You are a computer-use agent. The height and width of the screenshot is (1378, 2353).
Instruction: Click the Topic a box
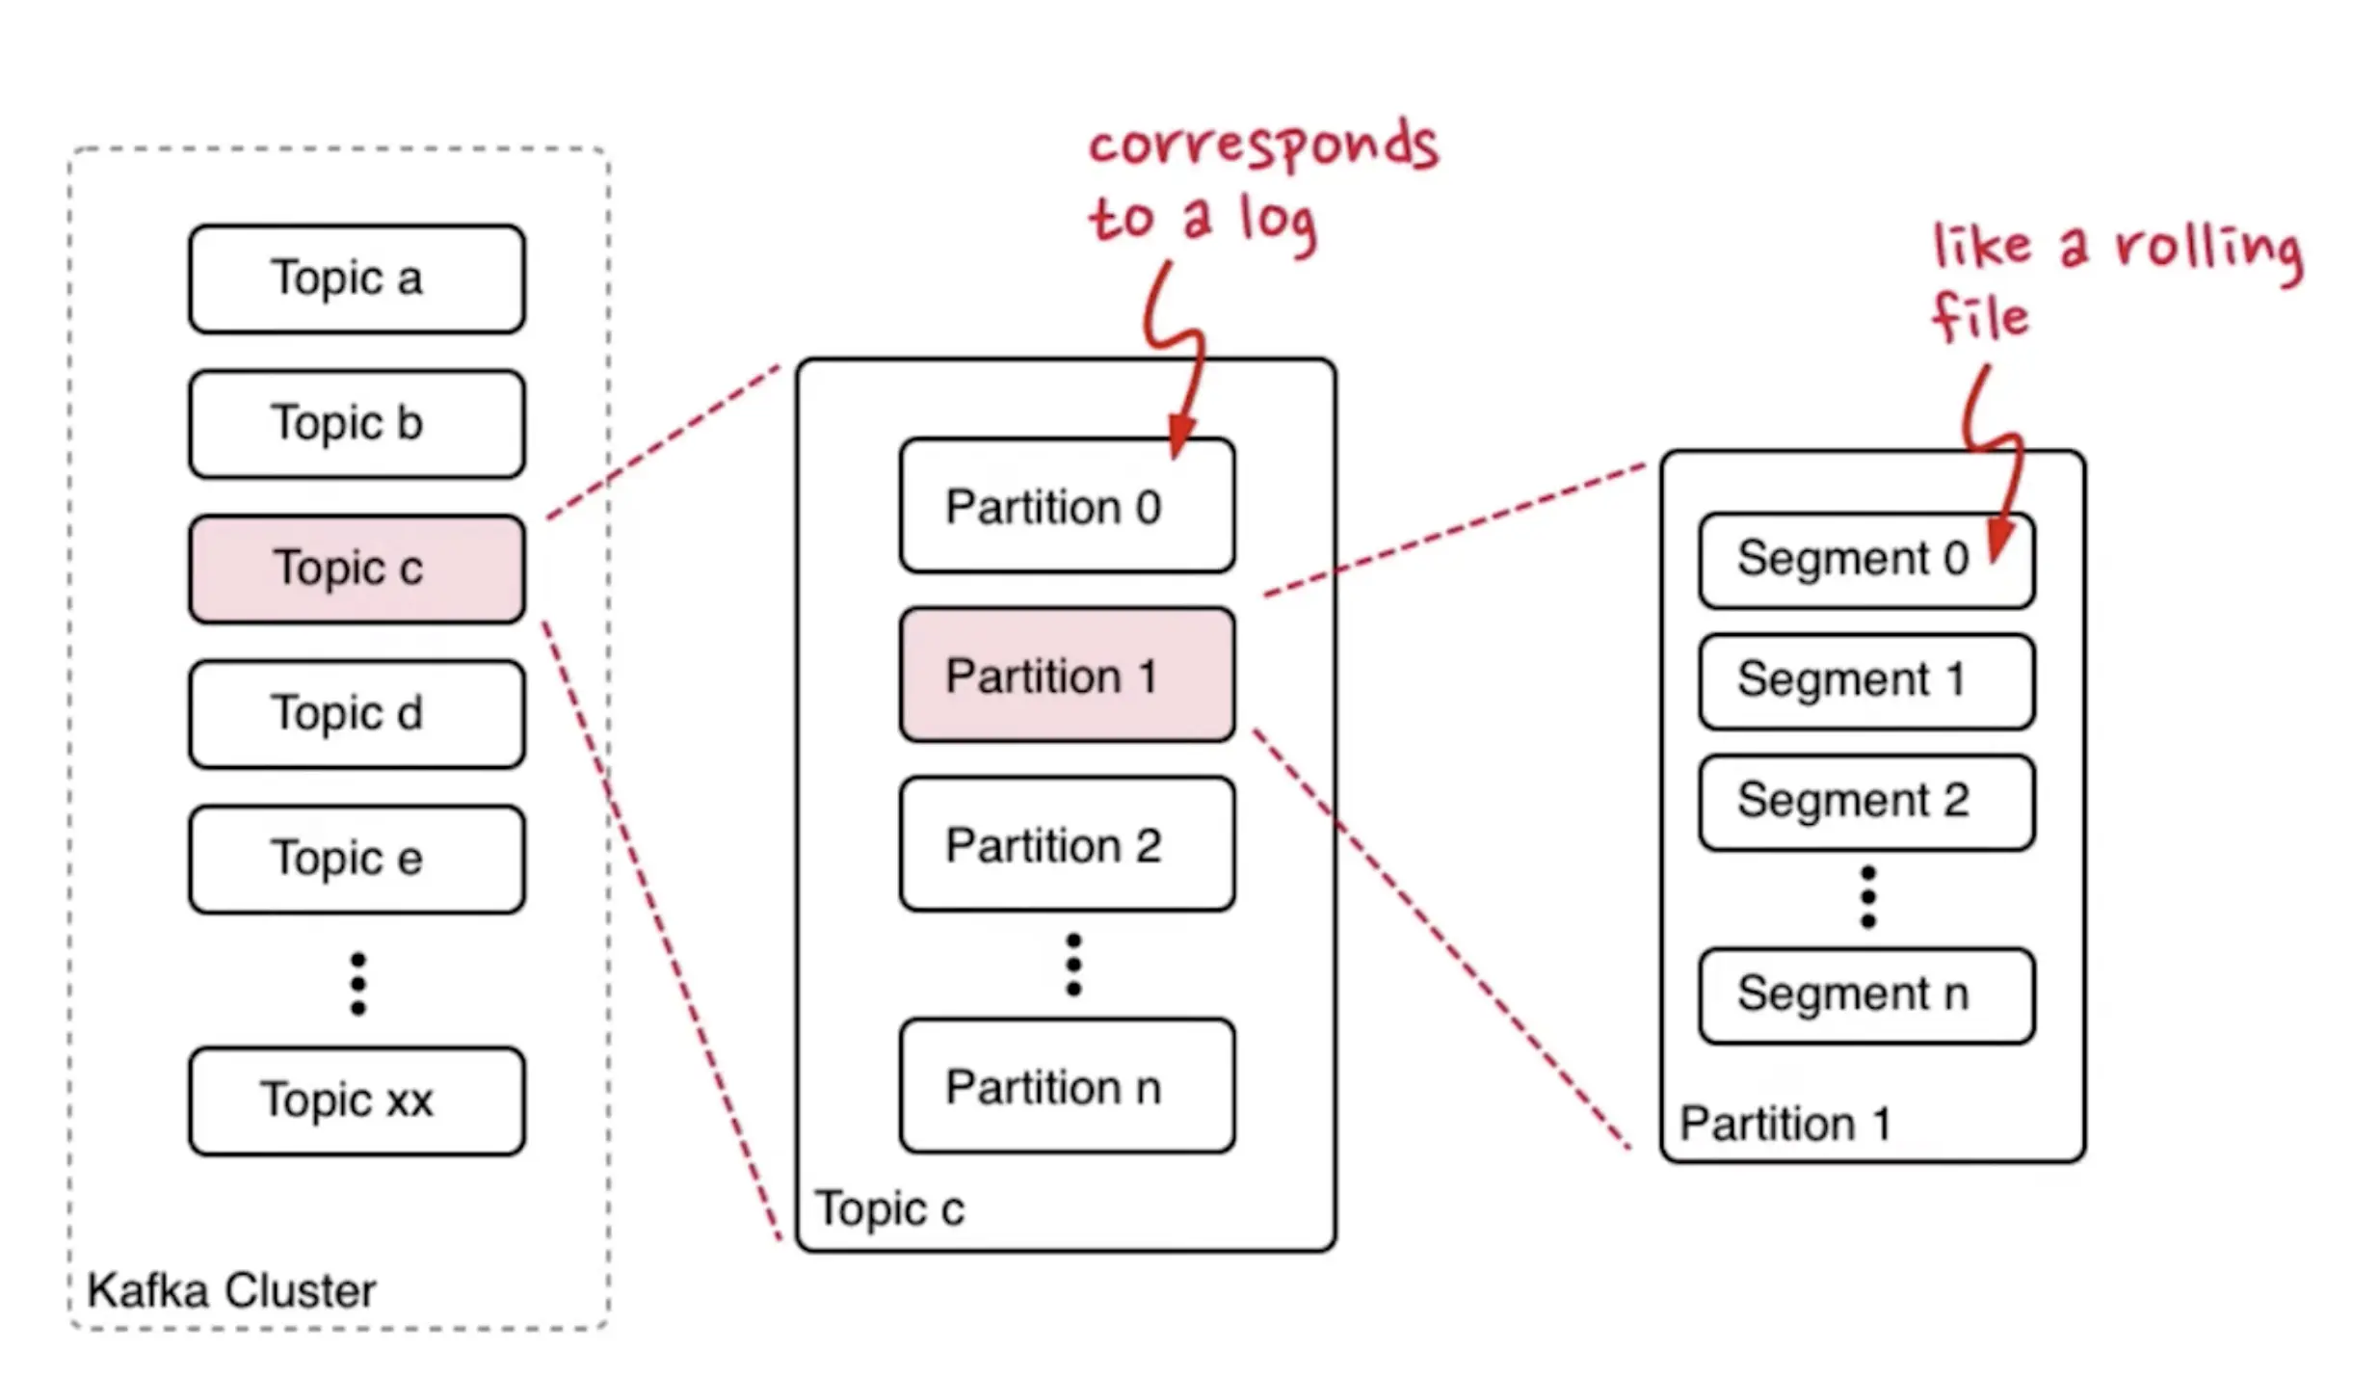pyautogui.click(x=357, y=278)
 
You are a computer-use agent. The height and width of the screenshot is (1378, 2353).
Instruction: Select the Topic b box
pyautogui.click(x=357, y=424)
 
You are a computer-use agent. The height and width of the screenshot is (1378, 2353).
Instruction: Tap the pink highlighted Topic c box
pyautogui.click(x=357, y=569)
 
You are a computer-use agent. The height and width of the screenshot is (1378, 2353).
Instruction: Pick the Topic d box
pyautogui.click(x=357, y=714)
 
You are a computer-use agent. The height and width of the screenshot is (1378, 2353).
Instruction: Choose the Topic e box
pyautogui.click(x=357, y=859)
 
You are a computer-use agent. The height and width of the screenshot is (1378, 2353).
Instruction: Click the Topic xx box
pyautogui.click(x=357, y=1100)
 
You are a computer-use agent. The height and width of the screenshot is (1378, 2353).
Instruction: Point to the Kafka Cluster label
pyautogui.click(x=231, y=1290)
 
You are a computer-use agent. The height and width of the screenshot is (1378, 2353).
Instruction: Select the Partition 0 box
pyautogui.click(x=1067, y=506)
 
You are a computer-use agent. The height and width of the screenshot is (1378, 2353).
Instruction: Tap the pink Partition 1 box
pyautogui.click(x=1067, y=675)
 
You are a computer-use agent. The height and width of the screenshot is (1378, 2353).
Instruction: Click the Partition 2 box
pyautogui.click(x=1067, y=844)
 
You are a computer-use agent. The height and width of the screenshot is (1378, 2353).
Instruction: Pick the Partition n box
pyautogui.click(x=1067, y=1086)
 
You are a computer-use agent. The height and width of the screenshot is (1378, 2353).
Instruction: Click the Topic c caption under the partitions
pyautogui.click(x=888, y=1208)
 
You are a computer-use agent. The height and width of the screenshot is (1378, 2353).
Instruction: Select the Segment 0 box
pyautogui.click(x=1865, y=560)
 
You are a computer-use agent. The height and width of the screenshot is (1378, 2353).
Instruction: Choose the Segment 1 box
pyautogui.click(x=1865, y=680)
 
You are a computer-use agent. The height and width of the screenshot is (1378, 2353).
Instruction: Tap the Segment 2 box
pyautogui.click(x=1865, y=802)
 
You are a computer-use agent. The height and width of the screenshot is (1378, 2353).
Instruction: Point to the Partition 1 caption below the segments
pyautogui.click(x=1785, y=1124)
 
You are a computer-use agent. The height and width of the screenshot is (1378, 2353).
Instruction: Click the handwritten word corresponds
pyautogui.click(x=1262, y=146)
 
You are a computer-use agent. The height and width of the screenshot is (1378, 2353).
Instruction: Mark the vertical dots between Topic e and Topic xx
pyautogui.click(x=357, y=984)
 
